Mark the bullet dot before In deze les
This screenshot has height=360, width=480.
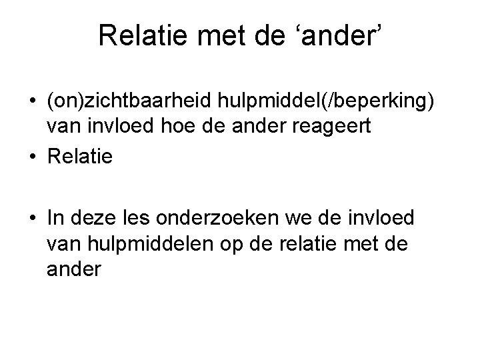point(32,218)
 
